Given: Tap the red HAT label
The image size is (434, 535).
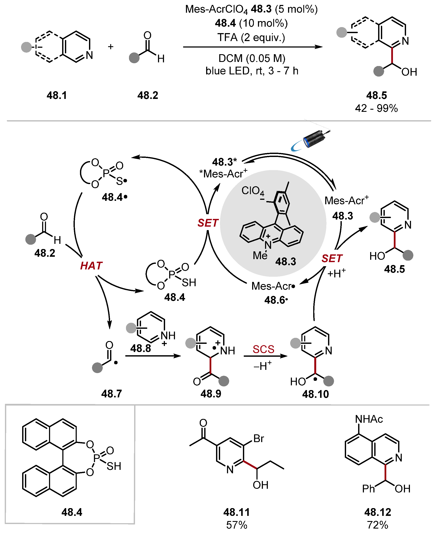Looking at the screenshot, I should coord(91,266).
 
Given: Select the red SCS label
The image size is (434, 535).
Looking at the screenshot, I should coord(263,349).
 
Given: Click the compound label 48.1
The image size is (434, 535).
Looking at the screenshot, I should coord(57,95).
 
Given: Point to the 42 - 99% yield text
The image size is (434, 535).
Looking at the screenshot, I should coord(376,108).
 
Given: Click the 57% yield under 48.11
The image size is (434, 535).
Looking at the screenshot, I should coord(236,525).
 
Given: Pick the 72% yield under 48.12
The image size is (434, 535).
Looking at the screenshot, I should coord(377,525).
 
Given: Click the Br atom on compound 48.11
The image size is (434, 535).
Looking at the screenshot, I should coord(259,438).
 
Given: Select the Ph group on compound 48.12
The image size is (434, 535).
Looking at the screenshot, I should coord(368,489).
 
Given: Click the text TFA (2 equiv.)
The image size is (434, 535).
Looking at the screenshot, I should coord(251,37).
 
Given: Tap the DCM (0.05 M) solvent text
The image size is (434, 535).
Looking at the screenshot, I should coord(252,58).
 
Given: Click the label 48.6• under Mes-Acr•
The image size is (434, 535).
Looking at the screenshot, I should coord(276,300).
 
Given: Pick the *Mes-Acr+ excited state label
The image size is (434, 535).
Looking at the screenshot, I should coord(223,173).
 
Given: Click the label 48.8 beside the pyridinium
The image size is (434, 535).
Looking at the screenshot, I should coord(141,348).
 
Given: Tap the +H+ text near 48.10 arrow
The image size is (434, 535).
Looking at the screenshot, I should coord(336,273).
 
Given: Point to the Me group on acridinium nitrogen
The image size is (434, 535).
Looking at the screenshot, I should coord(260,256).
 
